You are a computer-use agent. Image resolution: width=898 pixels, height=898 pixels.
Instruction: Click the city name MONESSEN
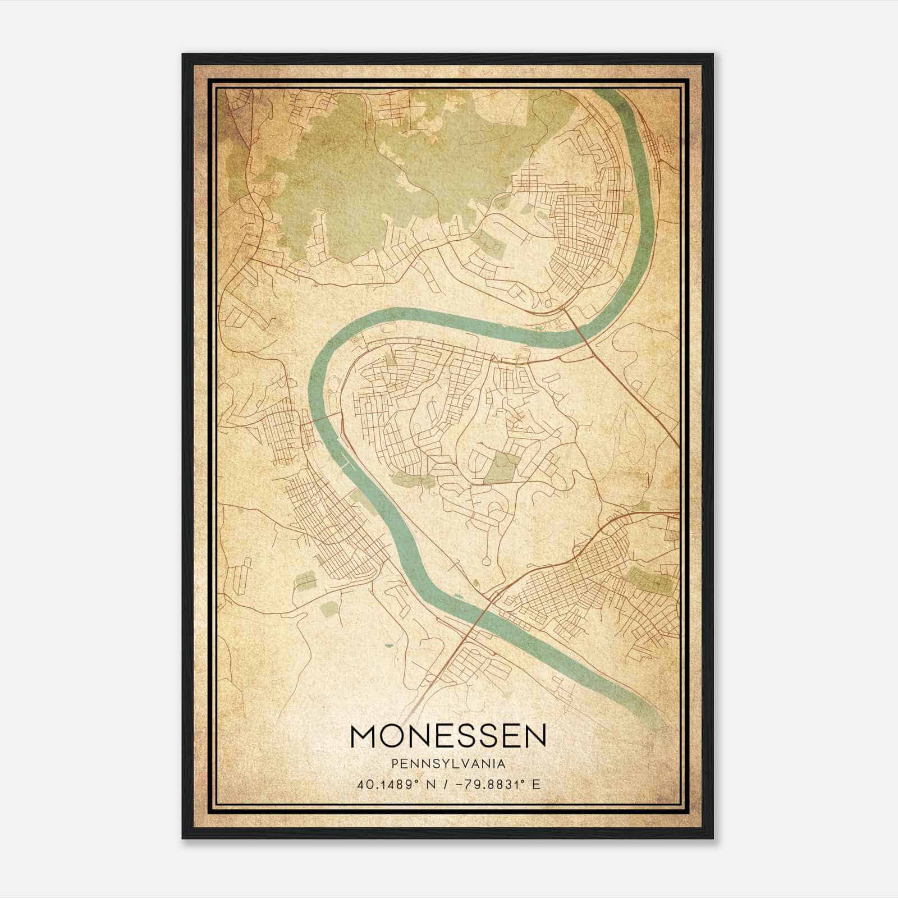[448, 736]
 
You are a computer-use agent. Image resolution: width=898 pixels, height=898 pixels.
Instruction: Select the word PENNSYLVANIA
[448, 764]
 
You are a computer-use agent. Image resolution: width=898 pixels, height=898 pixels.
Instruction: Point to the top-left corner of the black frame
[183, 55]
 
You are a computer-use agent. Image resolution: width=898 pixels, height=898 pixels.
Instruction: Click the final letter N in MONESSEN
[533, 736]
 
